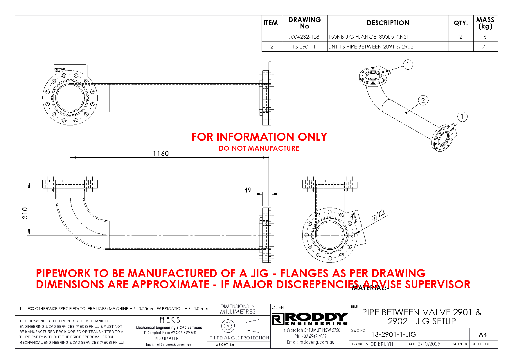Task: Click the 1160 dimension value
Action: (x=161, y=154)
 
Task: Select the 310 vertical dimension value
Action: (x=25, y=213)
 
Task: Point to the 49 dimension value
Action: (x=248, y=190)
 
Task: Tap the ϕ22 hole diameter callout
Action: (x=378, y=215)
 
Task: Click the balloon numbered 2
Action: (x=423, y=101)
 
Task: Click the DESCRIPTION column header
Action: (x=388, y=23)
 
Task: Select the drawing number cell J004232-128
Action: (x=304, y=37)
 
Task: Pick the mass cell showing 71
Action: (x=485, y=47)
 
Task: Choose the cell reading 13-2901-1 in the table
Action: (x=304, y=47)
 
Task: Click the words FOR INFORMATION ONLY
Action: (x=259, y=137)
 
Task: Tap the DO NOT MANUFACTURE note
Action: (x=259, y=148)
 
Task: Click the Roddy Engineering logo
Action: (x=310, y=319)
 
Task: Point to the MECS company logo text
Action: (x=170, y=320)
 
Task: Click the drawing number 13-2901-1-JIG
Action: (x=393, y=334)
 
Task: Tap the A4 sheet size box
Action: (x=483, y=335)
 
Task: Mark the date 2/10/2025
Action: (x=429, y=344)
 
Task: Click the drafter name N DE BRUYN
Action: (x=379, y=344)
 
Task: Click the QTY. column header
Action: (x=461, y=23)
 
